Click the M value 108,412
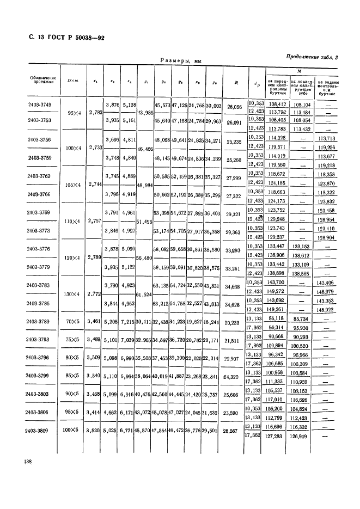[278, 102]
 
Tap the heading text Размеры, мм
[180, 62]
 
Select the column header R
[236, 83]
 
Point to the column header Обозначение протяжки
[42, 82]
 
